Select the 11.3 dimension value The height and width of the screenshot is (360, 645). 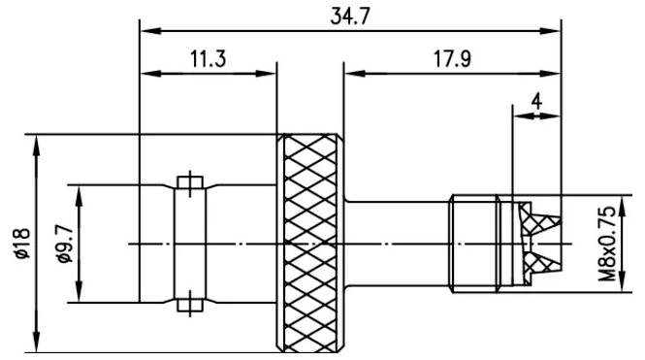[x=207, y=58]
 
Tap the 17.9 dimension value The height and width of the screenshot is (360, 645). [x=452, y=58]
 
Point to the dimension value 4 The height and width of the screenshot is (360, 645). [x=536, y=99]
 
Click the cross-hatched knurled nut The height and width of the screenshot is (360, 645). [x=310, y=243]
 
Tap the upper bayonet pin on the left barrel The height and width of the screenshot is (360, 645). [x=189, y=181]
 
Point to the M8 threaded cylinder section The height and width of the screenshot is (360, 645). [x=476, y=243]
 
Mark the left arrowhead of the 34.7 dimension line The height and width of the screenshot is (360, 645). [x=146, y=30]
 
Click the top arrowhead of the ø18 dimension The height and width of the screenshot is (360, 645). [x=36, y=142]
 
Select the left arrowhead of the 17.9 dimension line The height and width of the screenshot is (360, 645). [x=350, y=72]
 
